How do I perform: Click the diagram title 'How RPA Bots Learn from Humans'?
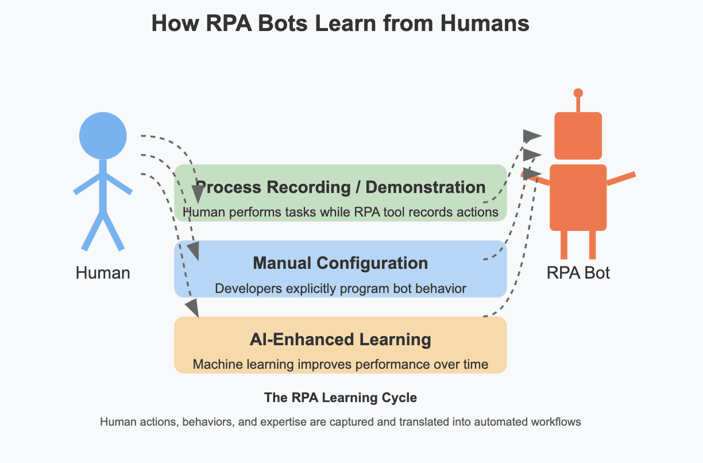(340, 24)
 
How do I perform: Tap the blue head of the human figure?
(103, 136)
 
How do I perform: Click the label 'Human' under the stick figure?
(103, 272)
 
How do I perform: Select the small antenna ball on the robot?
(578, 93)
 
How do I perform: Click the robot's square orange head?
(578, 136)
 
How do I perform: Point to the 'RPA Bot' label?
(578, 272)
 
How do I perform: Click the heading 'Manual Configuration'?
(340, 263)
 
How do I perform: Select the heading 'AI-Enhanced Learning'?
(340, 339)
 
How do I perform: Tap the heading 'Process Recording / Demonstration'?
(340, 187)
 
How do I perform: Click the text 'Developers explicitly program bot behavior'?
(340, 288)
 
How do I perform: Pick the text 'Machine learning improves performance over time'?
(340, 364)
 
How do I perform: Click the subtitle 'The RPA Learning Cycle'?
(340, 398)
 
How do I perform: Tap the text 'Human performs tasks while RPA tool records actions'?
(340, 212)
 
